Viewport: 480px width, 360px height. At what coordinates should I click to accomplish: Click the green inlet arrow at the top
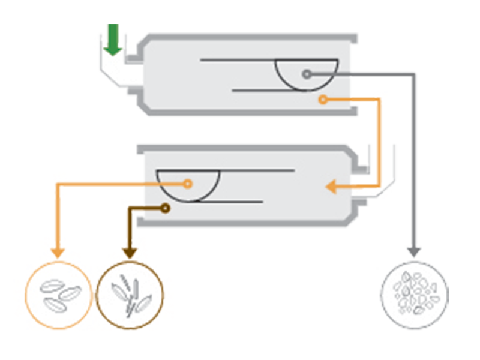pyautogui.click(x=113, y=41)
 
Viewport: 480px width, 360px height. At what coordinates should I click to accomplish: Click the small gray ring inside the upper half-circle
pyautogui.click(x=307, y=74)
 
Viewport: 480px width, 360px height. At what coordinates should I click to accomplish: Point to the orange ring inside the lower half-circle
pyautogui.click(x=188, y=184)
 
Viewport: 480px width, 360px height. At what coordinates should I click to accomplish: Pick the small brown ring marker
pyautogui.click(x=164, y=208)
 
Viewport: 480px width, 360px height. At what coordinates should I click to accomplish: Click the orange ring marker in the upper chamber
pyautogui.click(x=323, y=100)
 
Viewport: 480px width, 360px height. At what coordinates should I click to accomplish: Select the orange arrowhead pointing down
pyautogui.click(x=58, y=252)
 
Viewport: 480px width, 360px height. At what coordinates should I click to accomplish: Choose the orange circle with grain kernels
pyautogui.click(x=58, y=294)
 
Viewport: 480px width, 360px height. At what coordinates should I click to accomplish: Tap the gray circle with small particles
pyautogui.click(x=415, y=294)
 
